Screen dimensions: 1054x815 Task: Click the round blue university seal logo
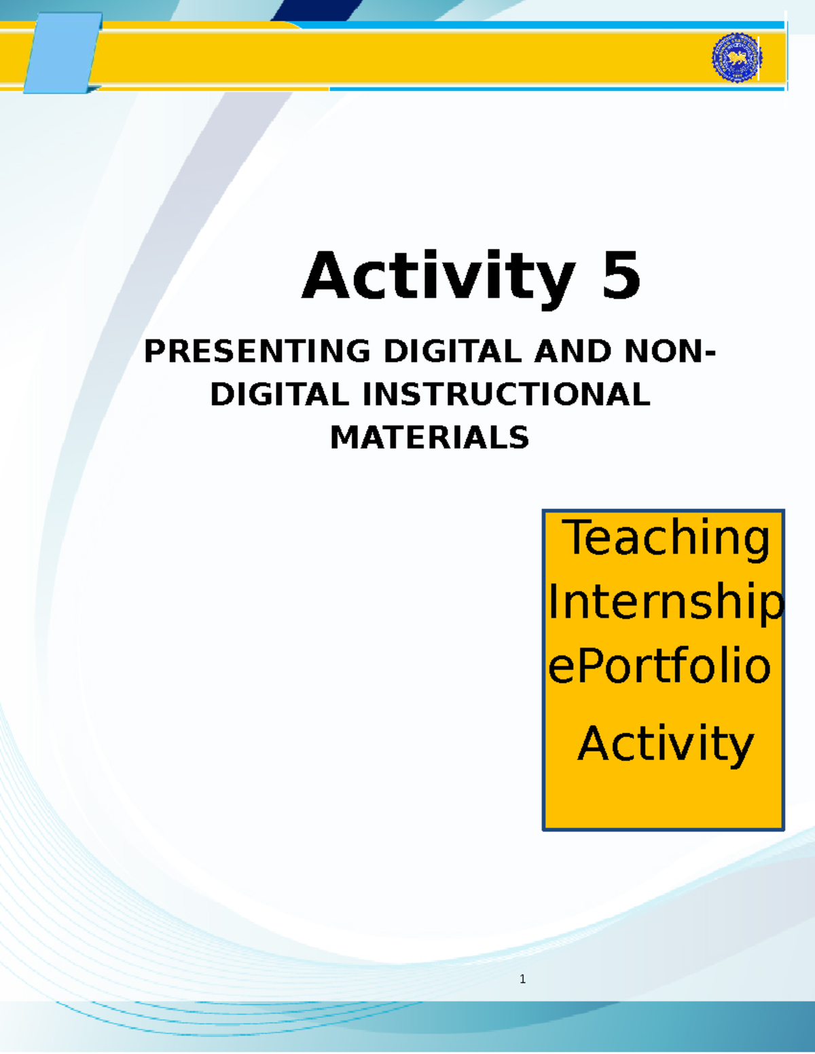point(737,58)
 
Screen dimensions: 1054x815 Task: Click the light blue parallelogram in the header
point(62,53)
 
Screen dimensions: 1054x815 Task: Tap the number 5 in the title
point(621,276)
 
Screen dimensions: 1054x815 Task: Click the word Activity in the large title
point(439,277)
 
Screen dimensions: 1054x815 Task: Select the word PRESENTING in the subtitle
point(257,352)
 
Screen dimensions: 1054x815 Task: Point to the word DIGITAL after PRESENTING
point(452,352)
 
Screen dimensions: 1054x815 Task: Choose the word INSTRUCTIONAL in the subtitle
point(506,395)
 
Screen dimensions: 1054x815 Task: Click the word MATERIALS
point(429,438)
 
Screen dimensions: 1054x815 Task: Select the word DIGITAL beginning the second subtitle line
point(279,395)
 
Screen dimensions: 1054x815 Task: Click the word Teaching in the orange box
point(666,538)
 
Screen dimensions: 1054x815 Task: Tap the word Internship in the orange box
point(666,602)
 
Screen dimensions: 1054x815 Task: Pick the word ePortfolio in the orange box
point(659,666)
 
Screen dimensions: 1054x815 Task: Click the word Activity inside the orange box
point(666,744)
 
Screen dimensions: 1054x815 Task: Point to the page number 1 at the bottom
point(522,979)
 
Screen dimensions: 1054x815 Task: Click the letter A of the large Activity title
point(327,276)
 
